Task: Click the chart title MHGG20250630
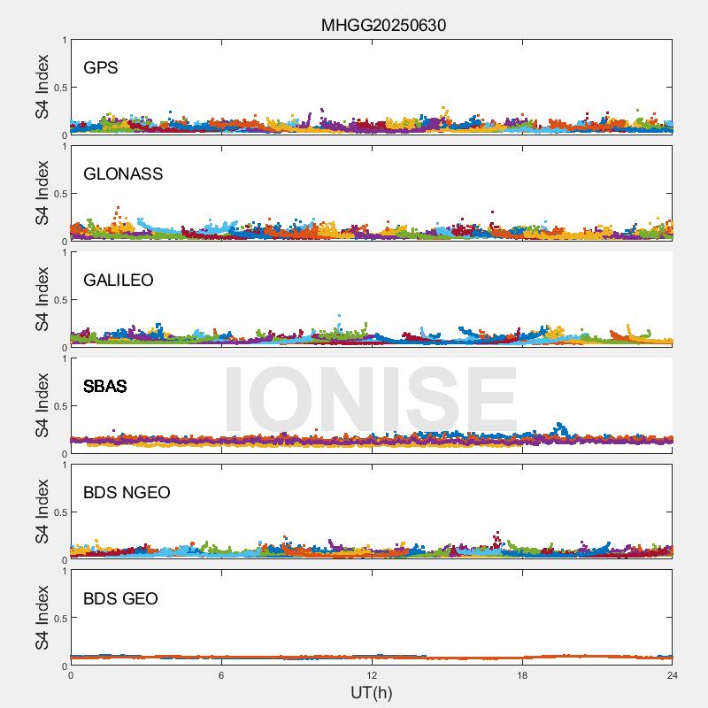pos(383,25)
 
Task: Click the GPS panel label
pos(101,67)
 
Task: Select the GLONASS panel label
pos(123,173)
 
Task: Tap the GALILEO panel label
pos(119,280)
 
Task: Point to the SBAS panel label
pos(105,386)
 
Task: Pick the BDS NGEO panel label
pos(127,492)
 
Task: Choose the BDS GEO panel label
pos(120,598)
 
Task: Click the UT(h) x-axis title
pos(371,691)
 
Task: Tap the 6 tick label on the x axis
pos(221,675)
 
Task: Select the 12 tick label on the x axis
pos(372,675)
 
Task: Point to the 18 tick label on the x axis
pos(522,675)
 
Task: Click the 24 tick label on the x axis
pos(673,675)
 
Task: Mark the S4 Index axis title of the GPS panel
pos(42,87)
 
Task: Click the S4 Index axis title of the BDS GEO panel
pos(42,618)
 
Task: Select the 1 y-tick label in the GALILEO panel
pos(64,252)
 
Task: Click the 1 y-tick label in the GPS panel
pos(64,40)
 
